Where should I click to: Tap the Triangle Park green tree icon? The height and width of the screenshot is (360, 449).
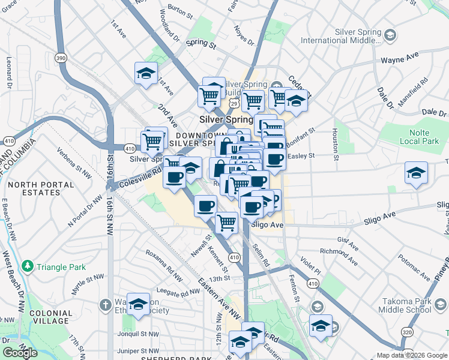[x=26, y=266]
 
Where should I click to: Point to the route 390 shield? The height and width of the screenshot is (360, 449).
[x=59, y=58]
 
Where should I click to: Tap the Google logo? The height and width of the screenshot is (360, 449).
[x=20, y=353]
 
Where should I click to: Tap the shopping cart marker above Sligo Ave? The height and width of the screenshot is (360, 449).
[x=227, y=223]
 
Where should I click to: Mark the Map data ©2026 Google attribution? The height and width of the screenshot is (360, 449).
[x=411, y=355]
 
